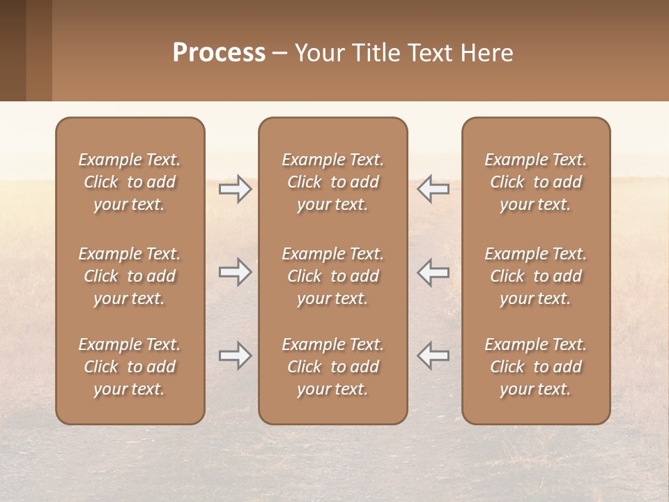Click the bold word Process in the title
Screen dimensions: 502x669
coord(219,53)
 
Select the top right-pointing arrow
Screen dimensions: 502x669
coord(235,189)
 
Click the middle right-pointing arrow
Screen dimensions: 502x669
coord(235,272)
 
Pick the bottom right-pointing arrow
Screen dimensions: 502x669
coord(235,356)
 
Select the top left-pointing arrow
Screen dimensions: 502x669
coord(433,189)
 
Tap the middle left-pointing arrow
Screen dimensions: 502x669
coord(433,272)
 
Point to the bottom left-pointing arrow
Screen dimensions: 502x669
coord(433,356)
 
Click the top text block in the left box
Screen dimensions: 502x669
coord(130,182)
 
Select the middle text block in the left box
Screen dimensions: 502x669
coord(130,276)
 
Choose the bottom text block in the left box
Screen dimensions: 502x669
coord(130,367)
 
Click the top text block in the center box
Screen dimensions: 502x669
coord(332,182)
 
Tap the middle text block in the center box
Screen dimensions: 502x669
coord(332,276)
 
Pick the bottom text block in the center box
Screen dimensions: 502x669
coord(332,367)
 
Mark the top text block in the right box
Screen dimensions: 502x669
coord(536,182)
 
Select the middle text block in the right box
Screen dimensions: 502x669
coord(536,276)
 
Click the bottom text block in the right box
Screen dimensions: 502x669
coord(536,367)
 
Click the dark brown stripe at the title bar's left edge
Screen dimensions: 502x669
coord(13,50)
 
